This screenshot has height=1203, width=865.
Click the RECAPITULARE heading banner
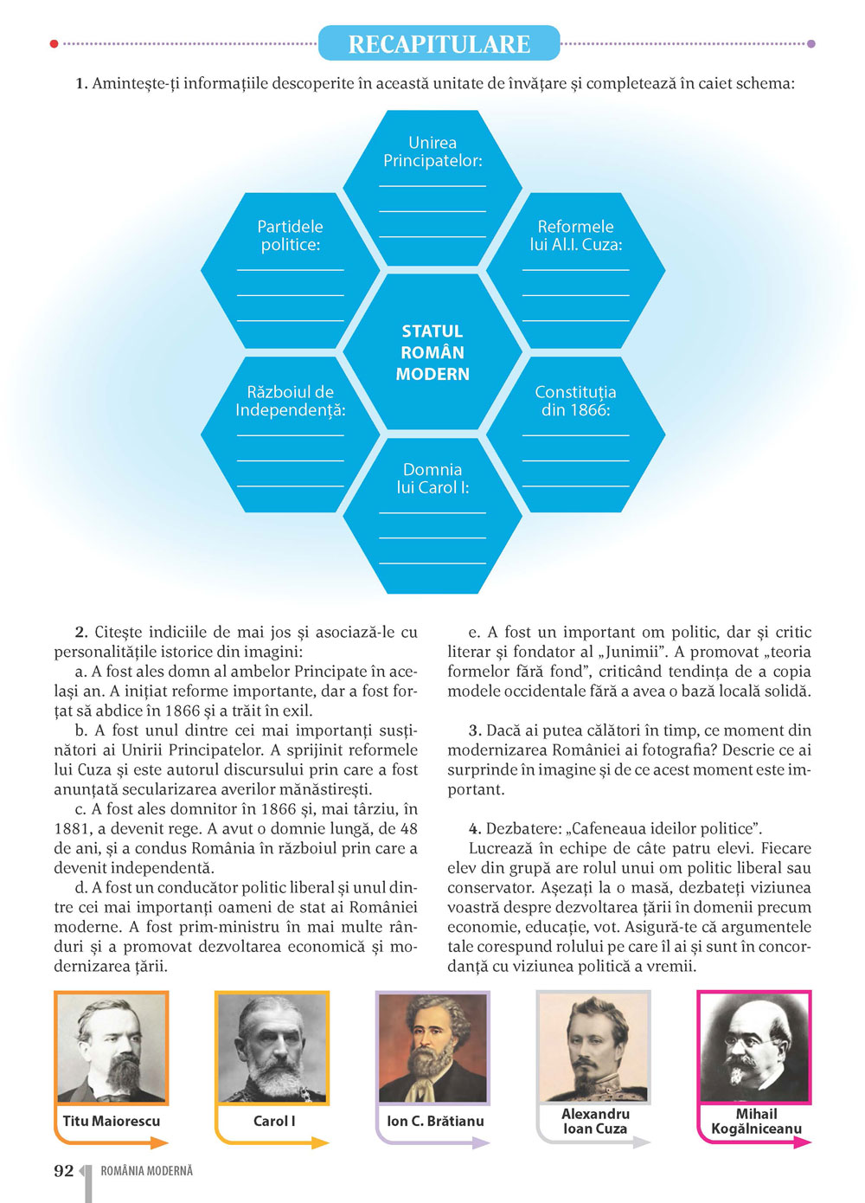439,43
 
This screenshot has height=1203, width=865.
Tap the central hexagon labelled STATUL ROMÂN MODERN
432,352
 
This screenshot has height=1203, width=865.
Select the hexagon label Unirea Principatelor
432,151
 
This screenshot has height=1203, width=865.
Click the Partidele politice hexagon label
290,235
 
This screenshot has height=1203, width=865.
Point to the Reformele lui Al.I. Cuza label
575,235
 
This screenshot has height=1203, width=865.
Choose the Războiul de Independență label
290,401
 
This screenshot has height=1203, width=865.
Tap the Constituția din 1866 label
575,401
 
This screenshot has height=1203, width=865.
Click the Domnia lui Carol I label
432,479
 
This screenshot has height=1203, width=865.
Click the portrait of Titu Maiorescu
112,1048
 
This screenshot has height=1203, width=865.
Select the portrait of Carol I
272,1048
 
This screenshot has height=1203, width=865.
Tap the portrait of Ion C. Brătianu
432,1048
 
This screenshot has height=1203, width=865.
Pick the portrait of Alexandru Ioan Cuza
593,1046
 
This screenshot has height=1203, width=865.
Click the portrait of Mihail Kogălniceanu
755,1046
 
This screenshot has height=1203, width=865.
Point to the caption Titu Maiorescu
112,1121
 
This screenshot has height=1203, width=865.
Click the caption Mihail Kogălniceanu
756,1121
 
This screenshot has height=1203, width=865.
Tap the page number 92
64,1171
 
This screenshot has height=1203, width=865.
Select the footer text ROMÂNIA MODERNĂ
146,1171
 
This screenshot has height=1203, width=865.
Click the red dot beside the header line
54,43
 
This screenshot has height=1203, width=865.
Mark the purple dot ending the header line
811,43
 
